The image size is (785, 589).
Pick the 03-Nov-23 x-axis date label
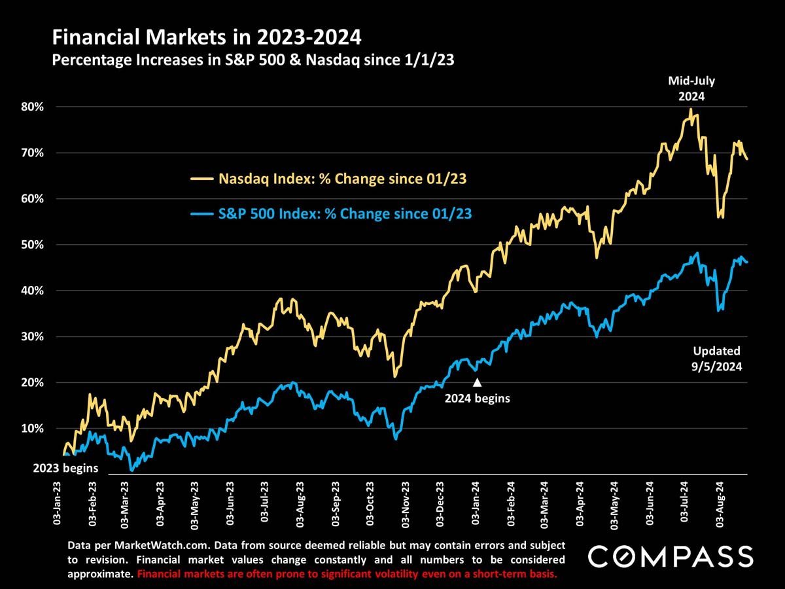pyautogui.click(x=405, y=503)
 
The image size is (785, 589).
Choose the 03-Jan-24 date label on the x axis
pyautogui.click(x=475, y=503)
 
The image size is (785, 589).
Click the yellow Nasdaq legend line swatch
pyautogui.click(x=201, y=178)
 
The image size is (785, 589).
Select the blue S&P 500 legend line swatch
pyautogui.click(x=201, y=213)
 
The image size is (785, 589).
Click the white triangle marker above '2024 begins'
pyautogui.click(x=477, y=383)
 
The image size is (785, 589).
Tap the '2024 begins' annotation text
pyautogui.click(x=477, y=397)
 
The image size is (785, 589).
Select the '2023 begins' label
pyautogui.click(x=65, y=468)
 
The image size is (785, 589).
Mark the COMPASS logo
pyautogui.click(x=670, y=556)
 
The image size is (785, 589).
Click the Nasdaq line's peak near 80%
pyautogui.click(x=691, y=110)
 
